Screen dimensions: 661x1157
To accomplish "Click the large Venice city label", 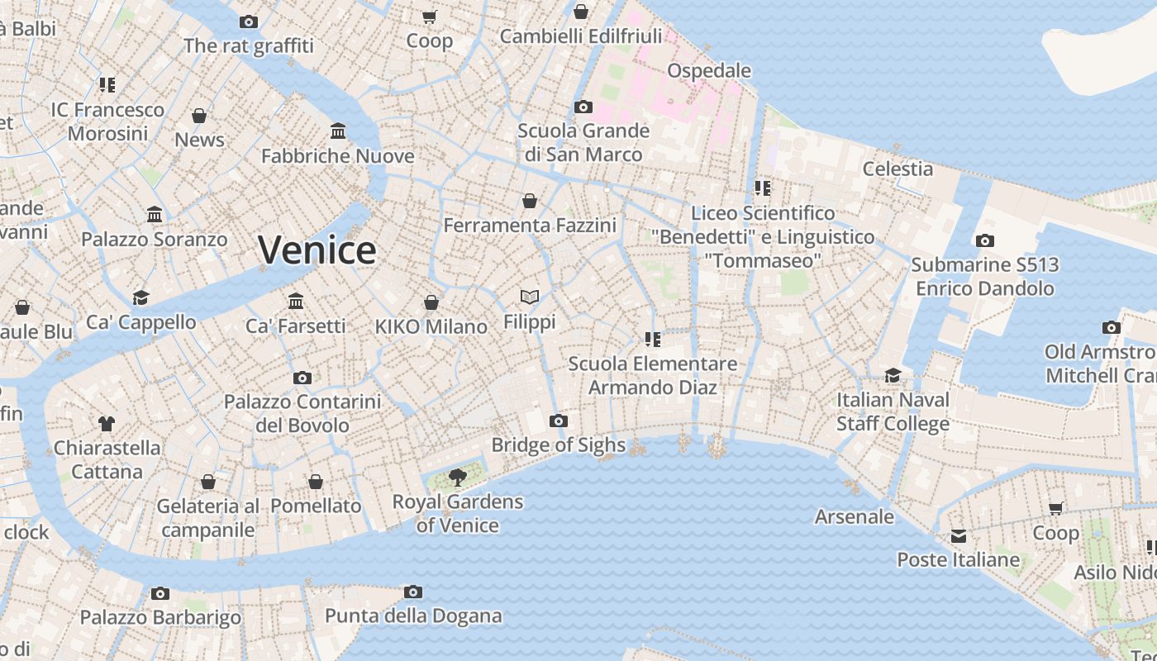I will [x=317, y=250].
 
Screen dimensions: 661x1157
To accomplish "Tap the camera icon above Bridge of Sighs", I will [x=559, y=421].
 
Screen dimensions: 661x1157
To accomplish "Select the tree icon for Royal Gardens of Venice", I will [x=457, y=477].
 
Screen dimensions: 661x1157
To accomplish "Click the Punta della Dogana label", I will [x=413, y=616].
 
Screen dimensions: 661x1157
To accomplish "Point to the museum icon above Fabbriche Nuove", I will [x=338, y=131].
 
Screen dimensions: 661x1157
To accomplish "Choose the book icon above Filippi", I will [x=530, y=297].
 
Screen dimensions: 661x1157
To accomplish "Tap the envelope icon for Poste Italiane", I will [x=959, y=536].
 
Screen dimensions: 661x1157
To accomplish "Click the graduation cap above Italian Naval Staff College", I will [x=893, y=375].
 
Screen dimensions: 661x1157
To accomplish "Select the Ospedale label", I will [x=709, y=70].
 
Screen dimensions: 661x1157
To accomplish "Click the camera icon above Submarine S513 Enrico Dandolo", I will [x=985, y=241].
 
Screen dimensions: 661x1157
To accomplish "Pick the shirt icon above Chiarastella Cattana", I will [x=107, y=424].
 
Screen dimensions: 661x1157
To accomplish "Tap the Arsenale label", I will [x=855, y=516].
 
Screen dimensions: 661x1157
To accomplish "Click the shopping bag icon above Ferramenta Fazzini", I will [x=530, y=201].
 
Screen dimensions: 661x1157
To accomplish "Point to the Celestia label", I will [x=898, y=169].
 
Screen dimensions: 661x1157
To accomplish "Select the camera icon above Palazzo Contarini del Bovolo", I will [x=302, y=378].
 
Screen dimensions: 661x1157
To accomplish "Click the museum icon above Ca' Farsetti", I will [x=296, y=302].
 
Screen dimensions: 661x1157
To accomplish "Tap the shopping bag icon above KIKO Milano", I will [x=431, y=302].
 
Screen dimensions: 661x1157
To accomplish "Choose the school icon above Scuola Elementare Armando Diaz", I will [x=653, y=340].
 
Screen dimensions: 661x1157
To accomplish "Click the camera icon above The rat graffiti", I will [x=249, y=21].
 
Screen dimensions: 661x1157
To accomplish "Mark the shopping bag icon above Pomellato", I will [x=316, y=482].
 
